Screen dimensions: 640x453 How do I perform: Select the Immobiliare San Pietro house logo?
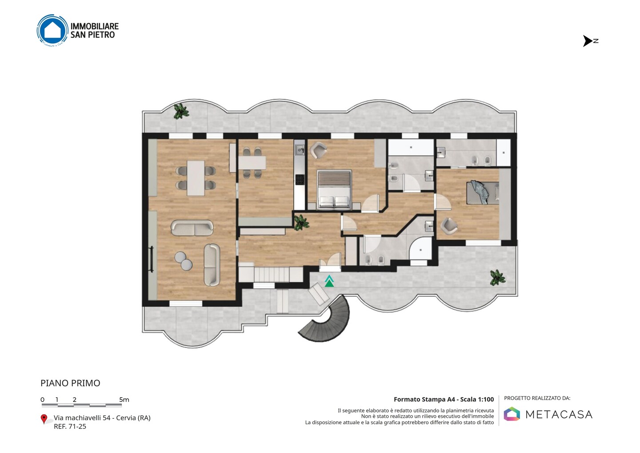coord(52,30)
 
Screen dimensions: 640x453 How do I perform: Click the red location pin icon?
coord(44,419)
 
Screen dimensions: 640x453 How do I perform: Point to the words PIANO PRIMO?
coord(70,383)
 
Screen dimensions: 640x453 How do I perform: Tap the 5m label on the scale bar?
coord(124,400)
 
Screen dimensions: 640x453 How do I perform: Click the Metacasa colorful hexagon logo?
coord(512,414)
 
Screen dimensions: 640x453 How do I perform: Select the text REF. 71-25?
coord(70,426)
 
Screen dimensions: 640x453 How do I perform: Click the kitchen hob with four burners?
coord(300,179)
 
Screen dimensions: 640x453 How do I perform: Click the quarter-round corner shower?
coord(420,249)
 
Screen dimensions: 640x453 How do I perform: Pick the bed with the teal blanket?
coord(483,192)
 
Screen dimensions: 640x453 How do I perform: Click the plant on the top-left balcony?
coord(181,111)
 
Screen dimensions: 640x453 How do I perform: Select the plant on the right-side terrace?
coord(497,278)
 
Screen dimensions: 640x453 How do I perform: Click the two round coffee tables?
coord(183,260)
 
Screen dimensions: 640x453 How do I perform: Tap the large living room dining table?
coord(196,178)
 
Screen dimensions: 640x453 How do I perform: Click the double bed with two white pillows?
coord(334,189)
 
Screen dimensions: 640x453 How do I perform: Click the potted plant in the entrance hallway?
coord(301,223)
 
